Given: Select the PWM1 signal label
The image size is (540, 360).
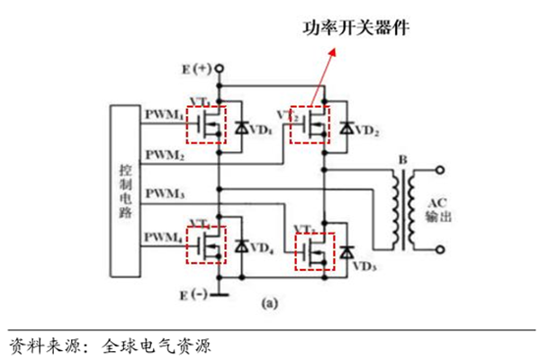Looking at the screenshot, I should pos(163,115).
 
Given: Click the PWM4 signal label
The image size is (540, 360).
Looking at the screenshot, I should pos(163,237).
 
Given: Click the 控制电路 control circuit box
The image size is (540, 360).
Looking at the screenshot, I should pos(127,190).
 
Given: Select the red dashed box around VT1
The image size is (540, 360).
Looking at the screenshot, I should pos(206,124).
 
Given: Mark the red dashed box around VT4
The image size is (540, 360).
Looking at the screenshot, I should pos(206,244).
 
